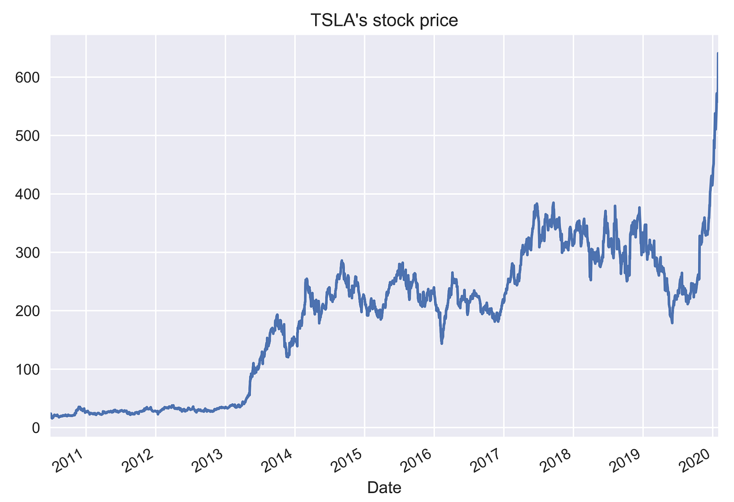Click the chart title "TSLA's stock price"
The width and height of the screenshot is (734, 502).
384,20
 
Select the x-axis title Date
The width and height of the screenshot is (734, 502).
384,487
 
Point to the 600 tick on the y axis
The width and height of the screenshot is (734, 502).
29,77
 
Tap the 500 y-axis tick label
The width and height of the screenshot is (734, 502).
29,136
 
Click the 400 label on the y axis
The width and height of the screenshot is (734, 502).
29,194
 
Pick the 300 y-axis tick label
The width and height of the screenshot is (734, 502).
29,253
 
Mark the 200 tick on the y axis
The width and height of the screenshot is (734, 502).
29,311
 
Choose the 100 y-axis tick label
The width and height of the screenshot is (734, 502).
29,370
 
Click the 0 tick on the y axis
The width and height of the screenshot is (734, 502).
36,428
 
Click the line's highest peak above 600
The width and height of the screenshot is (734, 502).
717,53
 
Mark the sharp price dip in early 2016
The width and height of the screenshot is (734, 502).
442,343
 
